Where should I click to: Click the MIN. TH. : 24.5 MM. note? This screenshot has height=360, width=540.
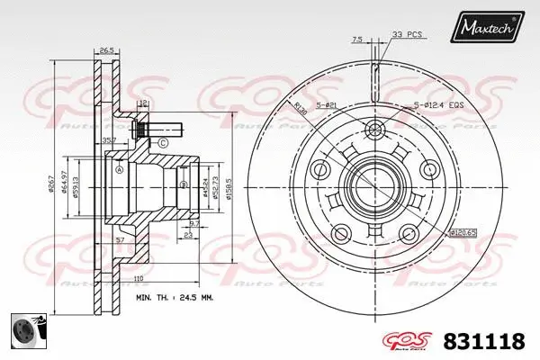click(175, 296)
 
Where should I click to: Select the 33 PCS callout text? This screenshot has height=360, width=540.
click(407, 35)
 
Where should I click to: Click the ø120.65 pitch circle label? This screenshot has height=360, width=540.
click(463, 232)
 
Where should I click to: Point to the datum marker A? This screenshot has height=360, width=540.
click(120, 167)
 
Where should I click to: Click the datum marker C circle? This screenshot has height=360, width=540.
click(163, 143)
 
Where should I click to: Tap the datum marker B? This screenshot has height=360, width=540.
click(184, 185)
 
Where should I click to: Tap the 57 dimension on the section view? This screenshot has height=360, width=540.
click(119, 241)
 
